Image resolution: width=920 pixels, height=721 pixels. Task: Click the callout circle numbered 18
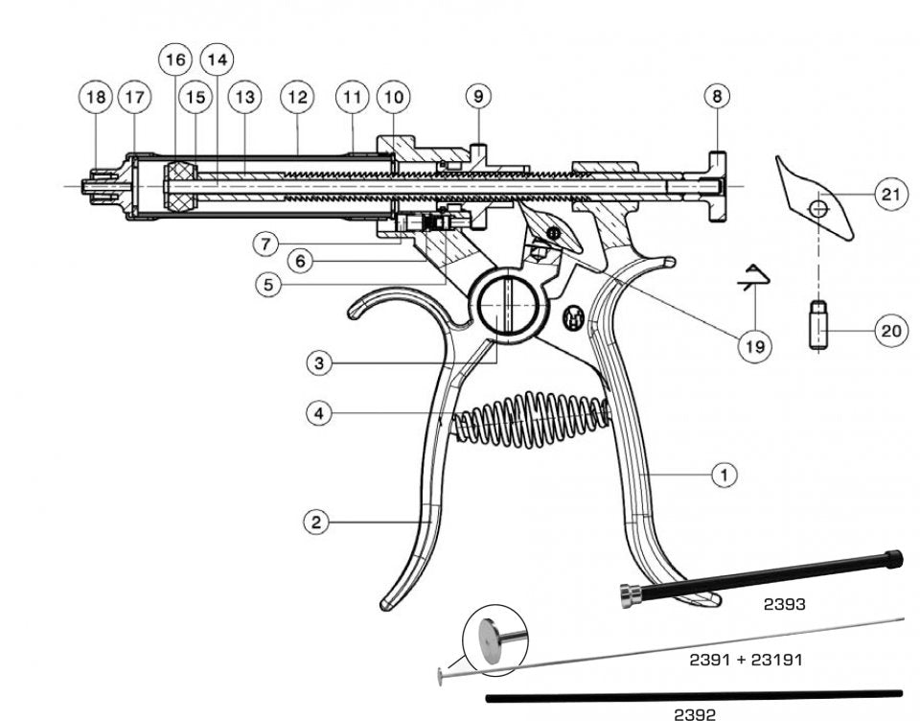[95, 97]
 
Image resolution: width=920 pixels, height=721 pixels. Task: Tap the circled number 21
[890, 195]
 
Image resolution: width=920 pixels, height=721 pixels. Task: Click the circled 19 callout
[755, 346]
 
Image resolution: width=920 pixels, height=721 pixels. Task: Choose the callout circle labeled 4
[321, 413]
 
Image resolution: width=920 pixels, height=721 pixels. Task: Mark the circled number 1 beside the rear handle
[724, 474]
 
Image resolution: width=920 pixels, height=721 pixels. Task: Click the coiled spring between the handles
[530, 418]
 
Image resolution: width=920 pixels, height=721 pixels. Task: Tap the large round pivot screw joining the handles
[508, 306]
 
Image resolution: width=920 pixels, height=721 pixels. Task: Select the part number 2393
[784, 605]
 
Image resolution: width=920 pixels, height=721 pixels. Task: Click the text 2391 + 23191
[746, 660]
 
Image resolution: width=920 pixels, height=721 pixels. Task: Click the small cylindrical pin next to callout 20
[816, 326]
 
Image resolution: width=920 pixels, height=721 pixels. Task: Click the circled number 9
[479, 97]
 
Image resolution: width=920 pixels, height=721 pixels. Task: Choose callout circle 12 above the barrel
[297, 97]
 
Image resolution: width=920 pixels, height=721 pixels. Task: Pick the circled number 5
[271, 286]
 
